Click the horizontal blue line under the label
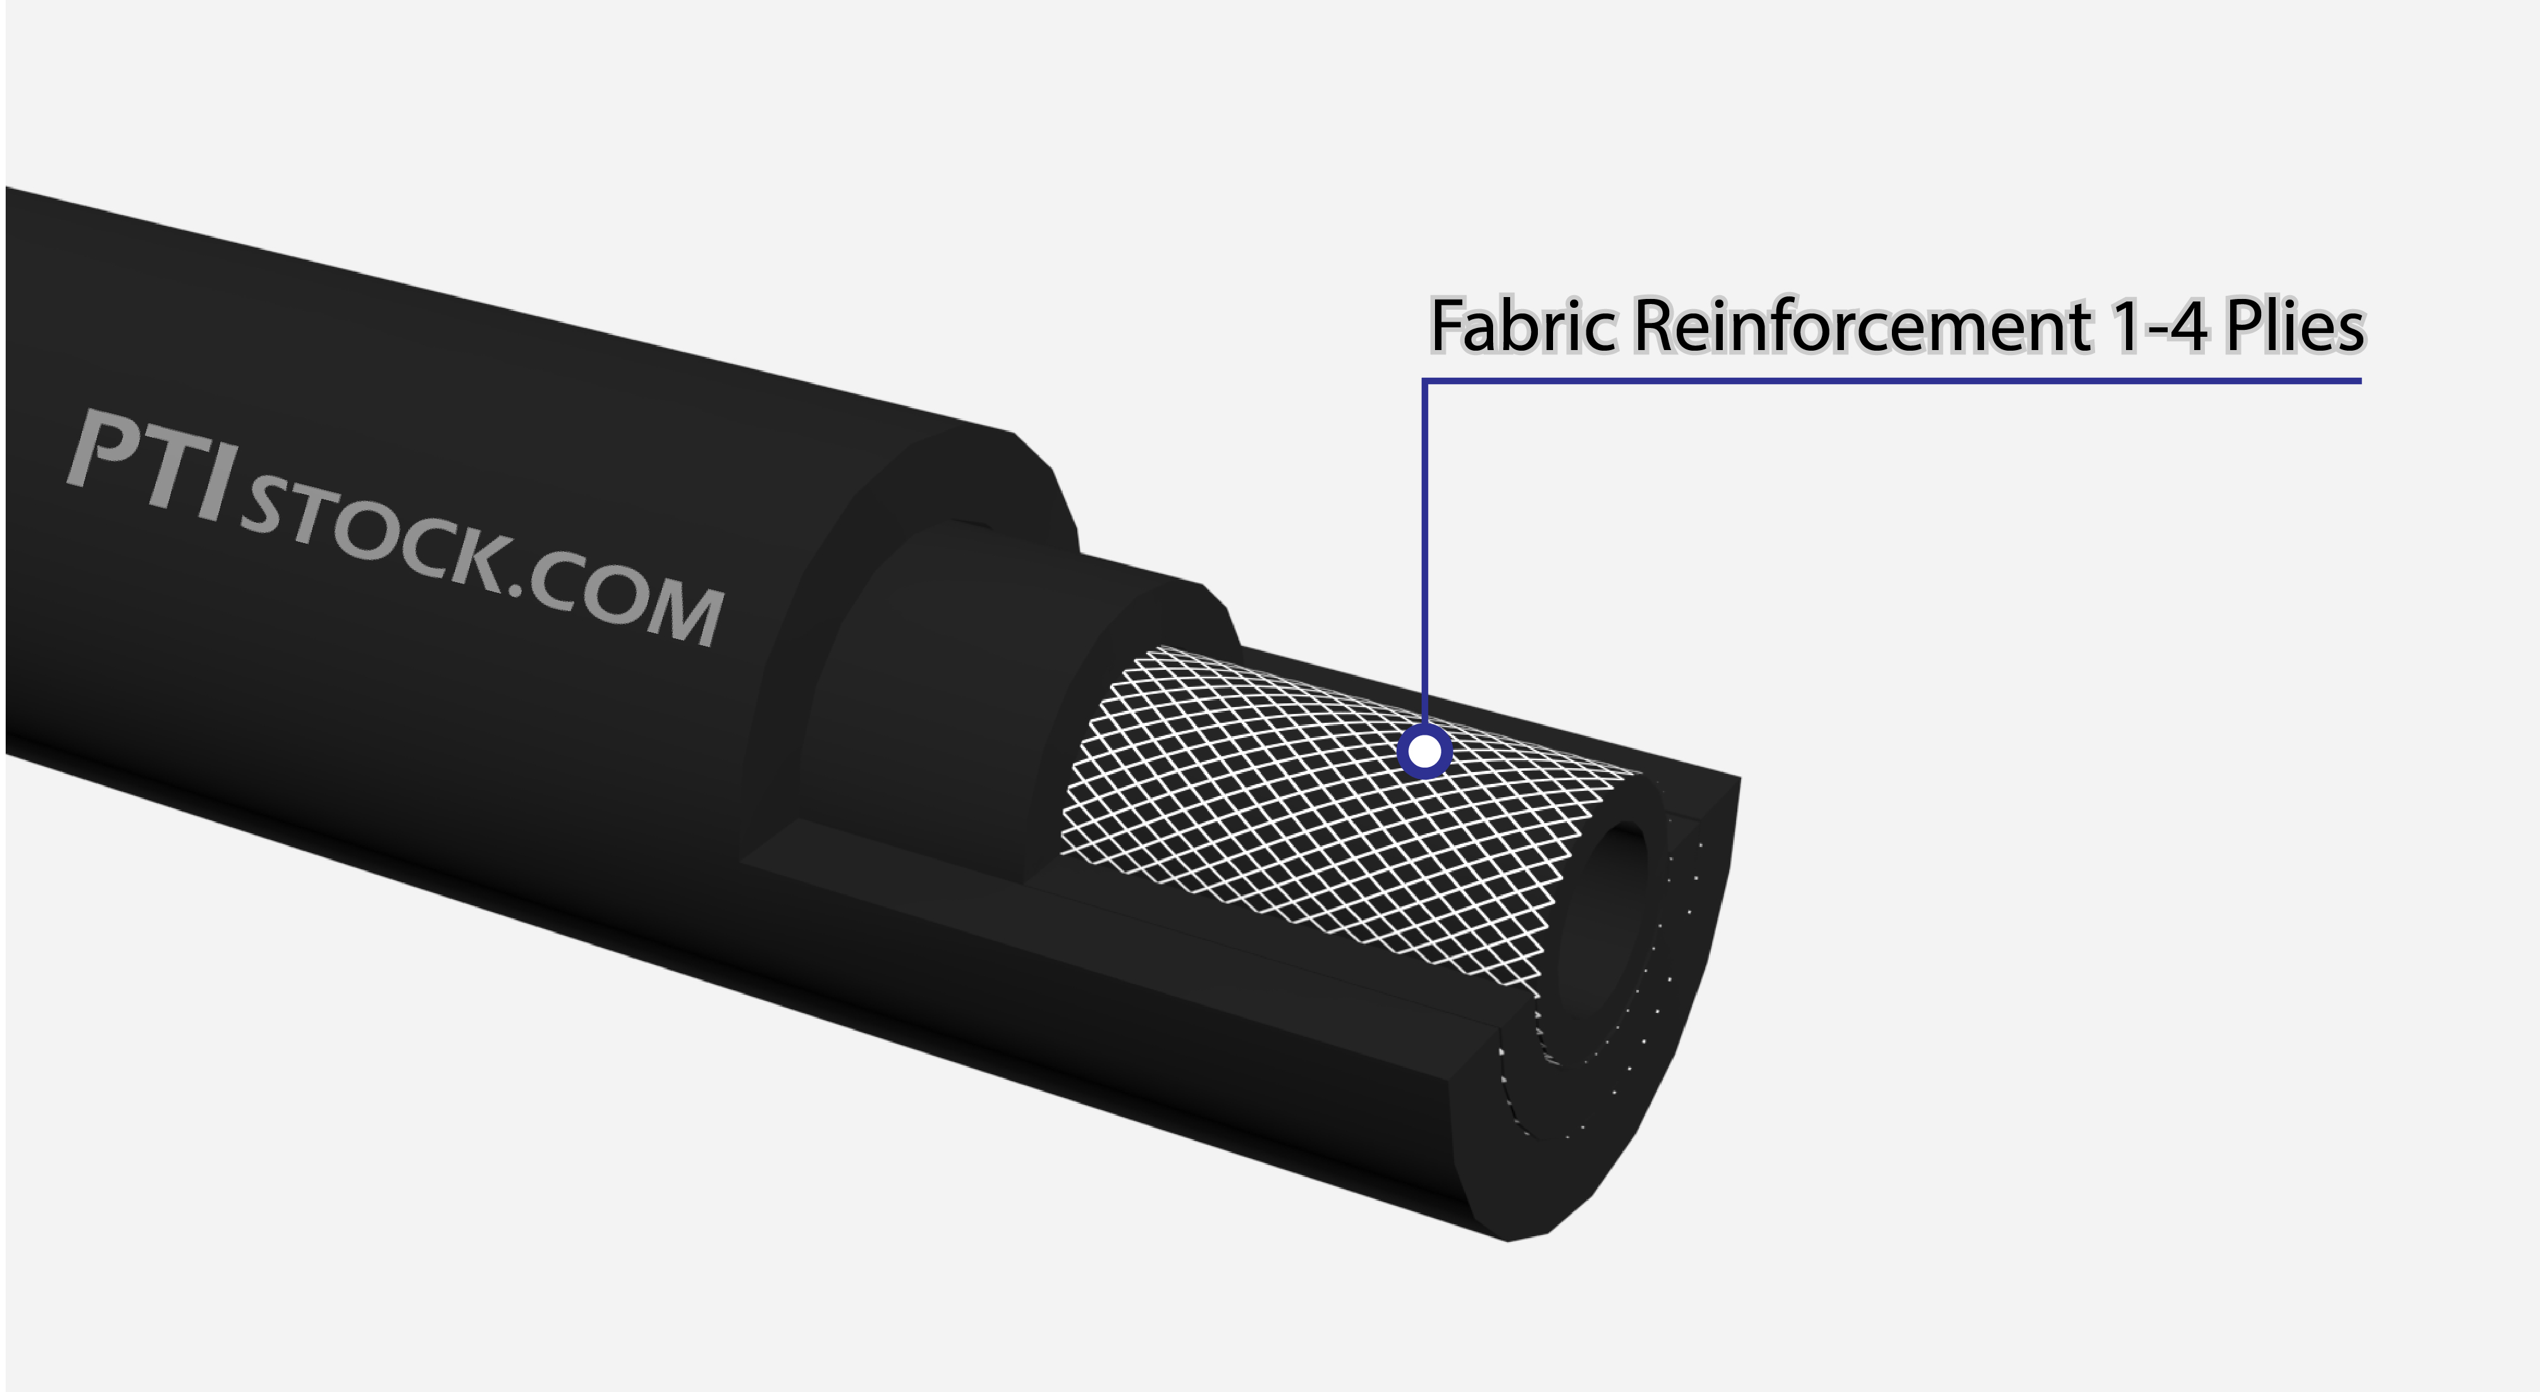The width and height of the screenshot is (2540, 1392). point(1891,380)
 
